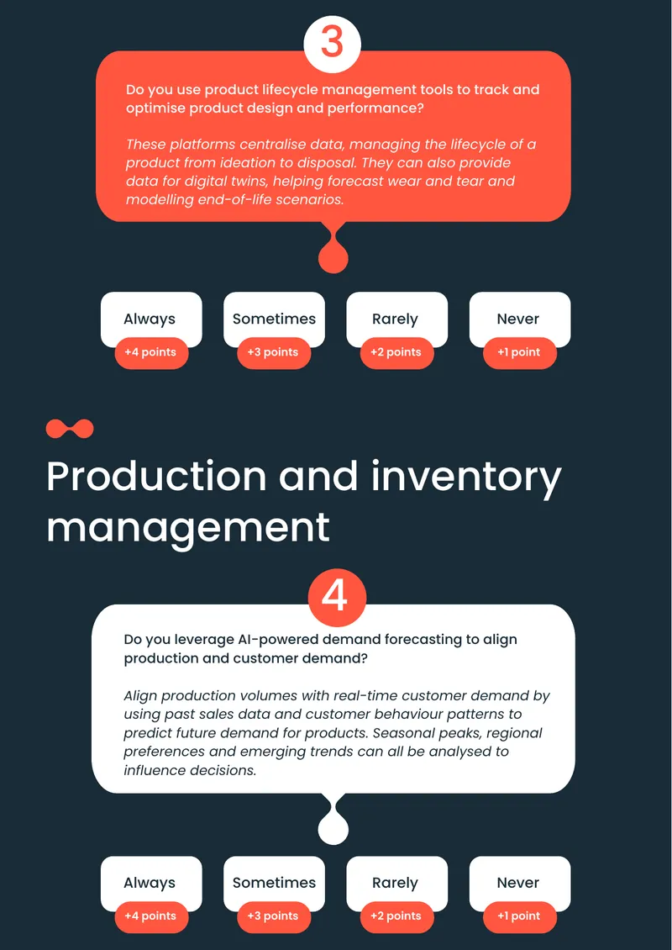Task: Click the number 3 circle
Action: [332, 45]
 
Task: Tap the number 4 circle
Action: [337, 598]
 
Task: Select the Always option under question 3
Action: [150, 319]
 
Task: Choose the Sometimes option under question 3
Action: [274, 319]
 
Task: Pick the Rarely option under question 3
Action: [396, 319]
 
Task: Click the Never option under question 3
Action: [519, 319]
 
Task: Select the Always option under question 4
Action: [150, 884]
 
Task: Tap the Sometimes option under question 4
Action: [274, 884]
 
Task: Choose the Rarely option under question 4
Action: [396, 884]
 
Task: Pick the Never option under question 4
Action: [519, 884]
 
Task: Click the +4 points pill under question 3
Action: [151, 352]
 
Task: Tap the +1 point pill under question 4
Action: [519, 916]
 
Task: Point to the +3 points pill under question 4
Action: [274, 916]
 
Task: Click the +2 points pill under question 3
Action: [396, 352]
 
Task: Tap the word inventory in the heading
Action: [466, 478]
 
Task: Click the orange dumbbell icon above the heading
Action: [70, 429]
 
